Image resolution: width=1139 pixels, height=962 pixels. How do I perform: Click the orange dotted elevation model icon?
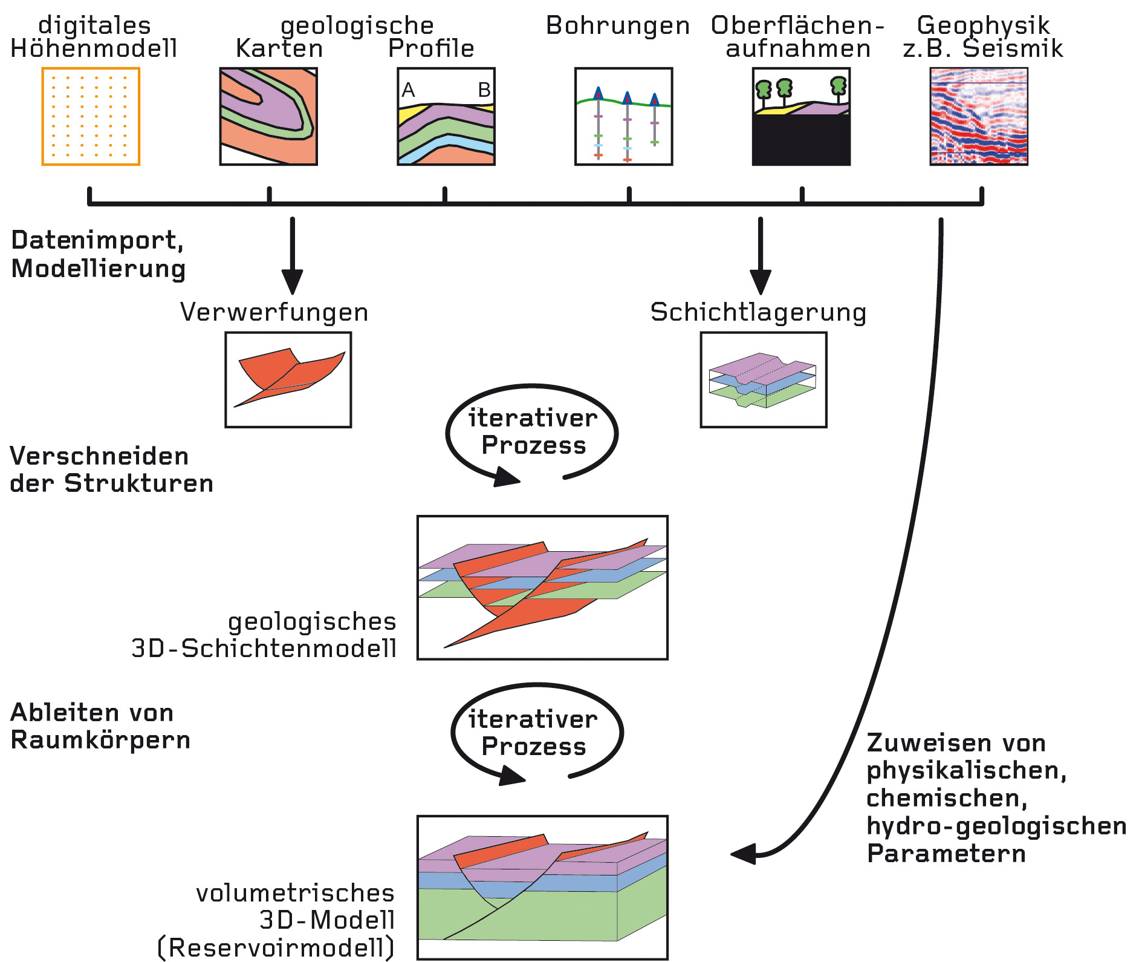tap(91, 116)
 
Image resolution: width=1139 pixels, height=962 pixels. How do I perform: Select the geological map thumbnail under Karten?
tap(268, 116)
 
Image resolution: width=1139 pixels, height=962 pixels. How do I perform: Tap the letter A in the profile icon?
tap(409, 90)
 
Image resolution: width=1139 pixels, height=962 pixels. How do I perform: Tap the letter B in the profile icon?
tap(484, 90)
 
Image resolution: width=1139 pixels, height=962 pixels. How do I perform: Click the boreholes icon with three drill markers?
tap(623, 116)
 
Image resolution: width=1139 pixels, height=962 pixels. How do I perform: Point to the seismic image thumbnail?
tap(979, 116)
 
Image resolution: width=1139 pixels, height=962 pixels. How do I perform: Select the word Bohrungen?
tap(617, 25)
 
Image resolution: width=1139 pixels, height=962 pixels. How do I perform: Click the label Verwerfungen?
tap(274, 312)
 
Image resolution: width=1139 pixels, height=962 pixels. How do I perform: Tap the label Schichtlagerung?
tap(758, 312)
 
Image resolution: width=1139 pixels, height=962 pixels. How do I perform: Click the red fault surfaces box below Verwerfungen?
tap(288, 379)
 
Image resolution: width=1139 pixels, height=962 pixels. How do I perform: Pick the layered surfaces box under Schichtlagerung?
tap(763, 379)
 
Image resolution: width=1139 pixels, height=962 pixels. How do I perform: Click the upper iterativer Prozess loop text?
tap(533, 431)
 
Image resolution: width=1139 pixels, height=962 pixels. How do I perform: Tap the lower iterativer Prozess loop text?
tap(533, 733)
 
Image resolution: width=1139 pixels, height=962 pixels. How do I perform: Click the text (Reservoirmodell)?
tap(276, 947)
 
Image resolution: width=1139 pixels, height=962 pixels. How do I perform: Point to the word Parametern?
tap(946, 854)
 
